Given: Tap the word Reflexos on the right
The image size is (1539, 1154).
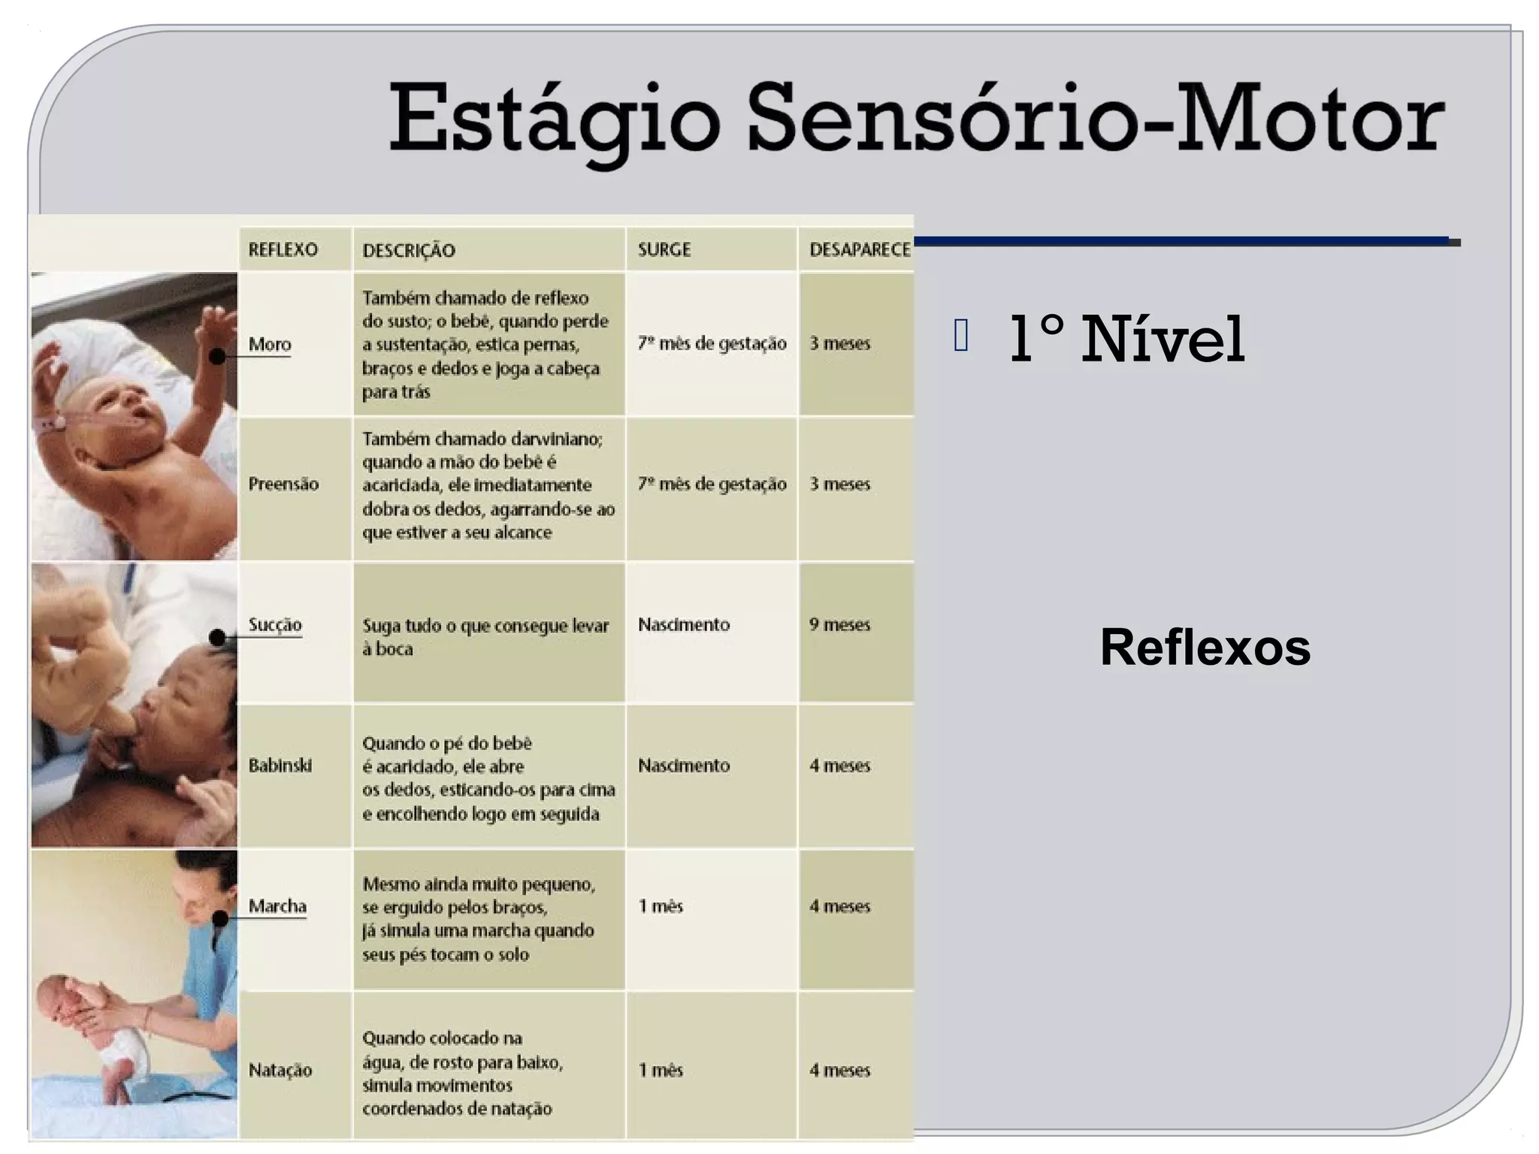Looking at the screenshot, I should pos(1205,647).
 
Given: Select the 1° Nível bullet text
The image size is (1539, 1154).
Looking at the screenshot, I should pos(1126,340).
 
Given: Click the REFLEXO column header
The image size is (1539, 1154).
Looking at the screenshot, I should pos(283,249).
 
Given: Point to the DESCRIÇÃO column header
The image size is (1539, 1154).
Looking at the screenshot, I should pos(409,250).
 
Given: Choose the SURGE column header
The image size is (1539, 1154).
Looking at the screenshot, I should pos(664,249).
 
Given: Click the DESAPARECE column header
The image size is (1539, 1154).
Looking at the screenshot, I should pos(860,249).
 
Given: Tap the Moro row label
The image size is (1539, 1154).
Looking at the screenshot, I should pos(270,344).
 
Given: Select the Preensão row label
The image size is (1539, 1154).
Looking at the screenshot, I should pos(283,484).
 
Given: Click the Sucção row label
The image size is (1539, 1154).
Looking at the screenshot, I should pos(275,624).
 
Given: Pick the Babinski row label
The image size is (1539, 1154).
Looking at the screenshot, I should pos(280,766).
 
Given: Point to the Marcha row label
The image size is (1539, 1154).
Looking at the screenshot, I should pos(277,906).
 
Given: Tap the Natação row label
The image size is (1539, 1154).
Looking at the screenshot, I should pos(280,1070).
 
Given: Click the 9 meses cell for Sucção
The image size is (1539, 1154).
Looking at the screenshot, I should pos(839,624).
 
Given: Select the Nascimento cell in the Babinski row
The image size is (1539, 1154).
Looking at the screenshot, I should pos(684,766).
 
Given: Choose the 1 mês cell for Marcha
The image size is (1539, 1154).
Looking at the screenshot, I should pos(661,906).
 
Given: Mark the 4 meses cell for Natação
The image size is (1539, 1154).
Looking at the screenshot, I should pos(839,1070).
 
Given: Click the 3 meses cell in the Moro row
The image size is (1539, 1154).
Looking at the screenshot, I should pos(839,343).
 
